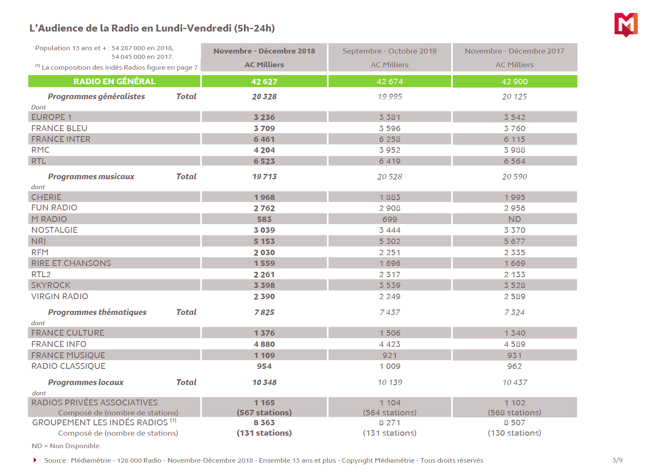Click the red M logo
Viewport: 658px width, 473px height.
coord(626,24)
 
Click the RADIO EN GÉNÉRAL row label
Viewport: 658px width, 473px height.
coord(114,81)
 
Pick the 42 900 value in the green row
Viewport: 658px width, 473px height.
coord(514,82)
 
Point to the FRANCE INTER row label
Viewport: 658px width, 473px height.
coord(61,139)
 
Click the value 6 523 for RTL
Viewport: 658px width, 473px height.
coord(264,161)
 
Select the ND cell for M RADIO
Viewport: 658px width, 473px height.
coord(514,219)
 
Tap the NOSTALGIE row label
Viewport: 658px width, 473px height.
coord(54,230)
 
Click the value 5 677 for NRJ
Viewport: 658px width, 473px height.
coord(514,241)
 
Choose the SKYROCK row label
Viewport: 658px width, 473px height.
coord(51,285)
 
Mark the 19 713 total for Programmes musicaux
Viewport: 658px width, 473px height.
coord(264,177)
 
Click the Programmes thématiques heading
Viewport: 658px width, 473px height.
coord(97,312)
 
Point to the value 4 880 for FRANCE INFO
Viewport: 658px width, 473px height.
coord(264,344)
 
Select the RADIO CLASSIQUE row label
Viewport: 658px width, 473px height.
coord(68,366)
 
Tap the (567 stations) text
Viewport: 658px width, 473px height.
coord(264,413)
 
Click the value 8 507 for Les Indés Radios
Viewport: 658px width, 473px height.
coord(514,423)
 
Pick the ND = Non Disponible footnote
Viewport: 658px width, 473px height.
coord(66,446)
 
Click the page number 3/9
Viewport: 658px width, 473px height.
coord(617,460)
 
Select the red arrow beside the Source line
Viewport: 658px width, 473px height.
coord(35,460)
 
